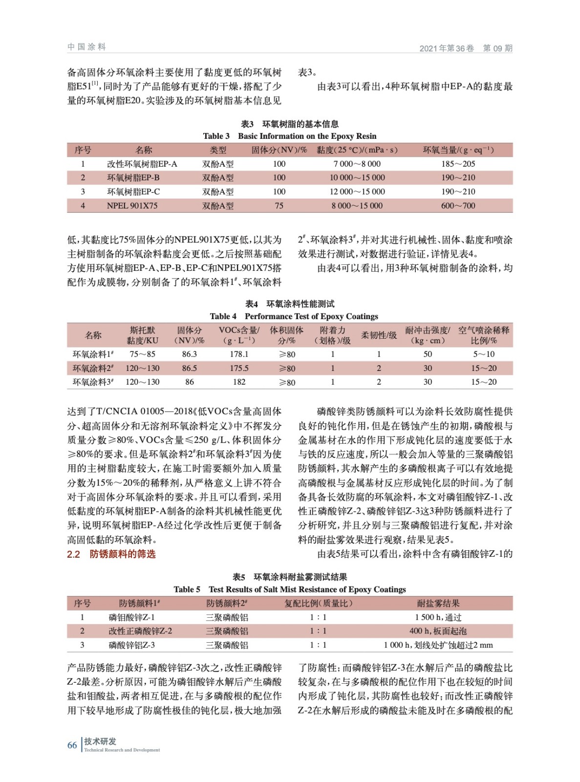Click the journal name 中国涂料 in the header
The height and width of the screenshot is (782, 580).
coord(86,47)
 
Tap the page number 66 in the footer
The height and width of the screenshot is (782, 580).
coord(72,745)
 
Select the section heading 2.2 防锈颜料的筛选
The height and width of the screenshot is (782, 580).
coord(111,554)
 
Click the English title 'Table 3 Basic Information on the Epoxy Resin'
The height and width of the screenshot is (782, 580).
coord(290,136)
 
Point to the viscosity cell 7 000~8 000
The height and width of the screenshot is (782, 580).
coord(357,164)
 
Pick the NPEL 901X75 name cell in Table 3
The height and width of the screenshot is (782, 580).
coord(132,206)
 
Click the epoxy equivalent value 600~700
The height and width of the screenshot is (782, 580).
coord(458,206)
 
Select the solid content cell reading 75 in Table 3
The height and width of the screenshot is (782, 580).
coord(279,206)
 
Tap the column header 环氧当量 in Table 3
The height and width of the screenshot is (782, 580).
coord(458,150)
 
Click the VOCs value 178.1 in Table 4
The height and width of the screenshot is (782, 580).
coord(239,354)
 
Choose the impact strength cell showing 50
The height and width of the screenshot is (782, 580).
coord(428,354)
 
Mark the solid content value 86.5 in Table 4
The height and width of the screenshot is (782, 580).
coord(190,368)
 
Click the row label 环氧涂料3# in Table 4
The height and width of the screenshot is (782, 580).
coord(93,382)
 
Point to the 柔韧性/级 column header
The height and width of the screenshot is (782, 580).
coord(379,335)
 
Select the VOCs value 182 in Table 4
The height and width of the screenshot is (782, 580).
coord(239,382)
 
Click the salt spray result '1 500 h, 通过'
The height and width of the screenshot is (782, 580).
coord(438,617)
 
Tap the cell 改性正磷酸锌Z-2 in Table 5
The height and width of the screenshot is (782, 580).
coord(140,631)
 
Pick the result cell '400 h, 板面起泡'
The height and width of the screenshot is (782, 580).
coord(438,631)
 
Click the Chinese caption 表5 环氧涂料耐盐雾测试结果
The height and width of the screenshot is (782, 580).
coord(290,577)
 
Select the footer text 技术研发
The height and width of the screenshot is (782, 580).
coord(100,741)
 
